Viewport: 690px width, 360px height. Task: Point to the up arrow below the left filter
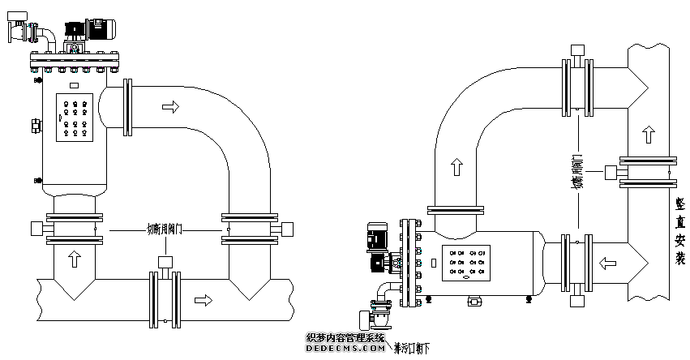pos(75,259)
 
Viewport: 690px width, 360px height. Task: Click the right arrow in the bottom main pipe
pos(204,301)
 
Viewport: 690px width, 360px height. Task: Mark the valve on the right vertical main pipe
pos(645,171)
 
